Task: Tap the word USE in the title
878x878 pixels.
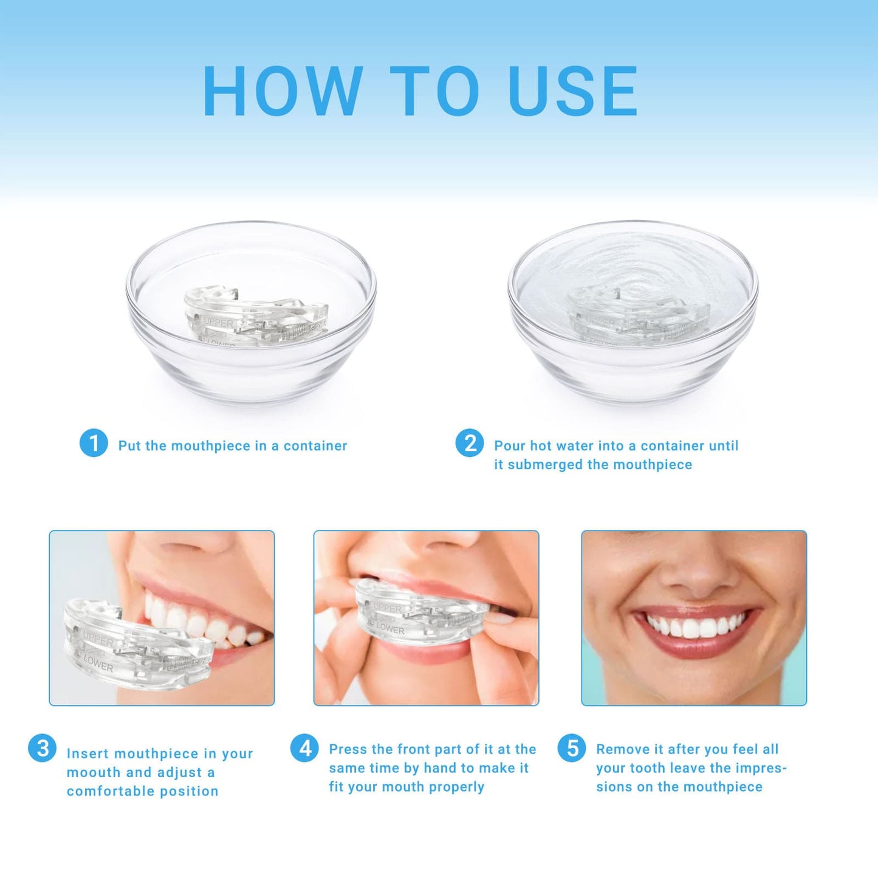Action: (x=573, y=91)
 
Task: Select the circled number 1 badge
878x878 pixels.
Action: (x=94, y=443)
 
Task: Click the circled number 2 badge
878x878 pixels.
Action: (x=470, y=443)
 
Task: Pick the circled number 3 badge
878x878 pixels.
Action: (x=43, y=748)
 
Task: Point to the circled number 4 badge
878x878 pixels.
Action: (x=304, y=748)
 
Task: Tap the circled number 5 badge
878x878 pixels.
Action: (x=572, y=748)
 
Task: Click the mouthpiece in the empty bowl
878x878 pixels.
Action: (x=255, y=316)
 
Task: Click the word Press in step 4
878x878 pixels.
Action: (x=348, y=749)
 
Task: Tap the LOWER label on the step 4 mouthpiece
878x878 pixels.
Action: (x=389, y=629)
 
